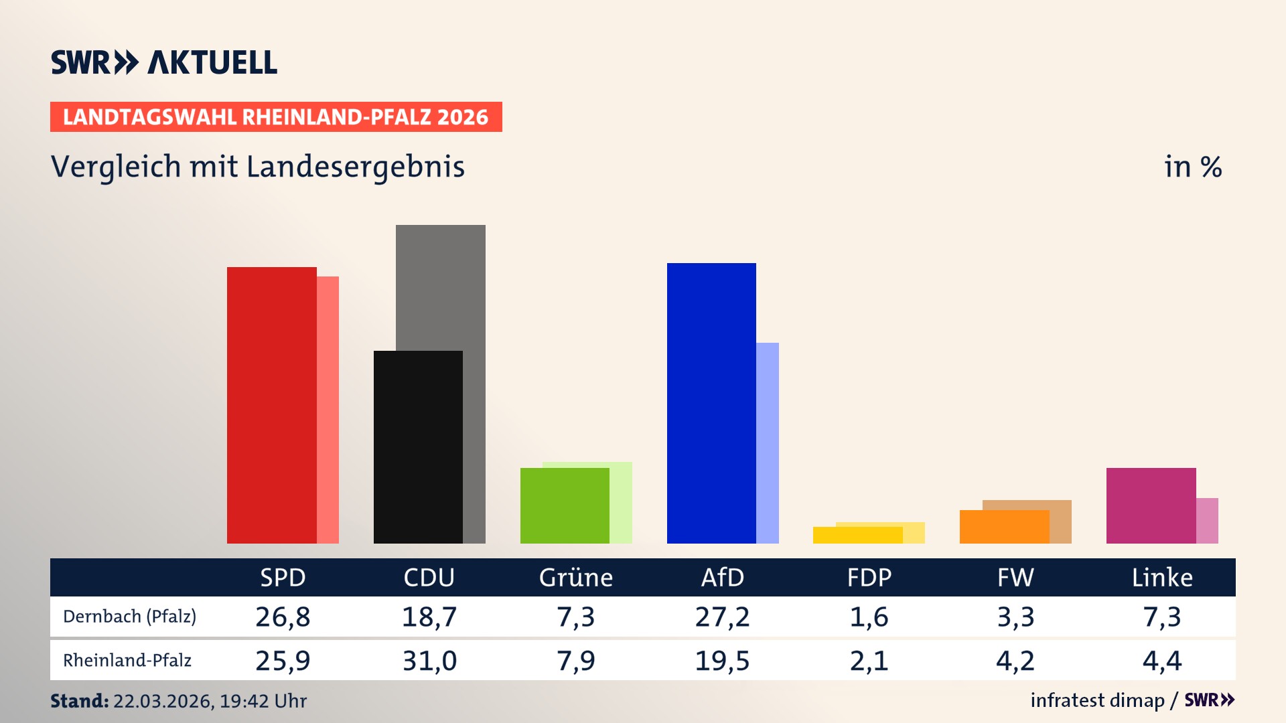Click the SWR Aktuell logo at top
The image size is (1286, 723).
pos(163,62)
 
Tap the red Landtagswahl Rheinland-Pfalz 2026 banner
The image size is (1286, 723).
pos(275,116)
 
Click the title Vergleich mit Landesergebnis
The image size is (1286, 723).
pos(257,167)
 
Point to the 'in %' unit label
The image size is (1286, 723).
pos(1192,167)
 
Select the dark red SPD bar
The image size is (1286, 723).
pos(271,405)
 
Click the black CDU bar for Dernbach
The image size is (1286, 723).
pos(418,447)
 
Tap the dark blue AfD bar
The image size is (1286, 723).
pos(711,403)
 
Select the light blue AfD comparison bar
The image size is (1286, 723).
pos(768,443)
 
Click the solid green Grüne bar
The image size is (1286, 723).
pos(565,505)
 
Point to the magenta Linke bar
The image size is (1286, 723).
pos(1151,505)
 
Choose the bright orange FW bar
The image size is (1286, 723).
pos(1004,527)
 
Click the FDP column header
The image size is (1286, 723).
pos(869,578)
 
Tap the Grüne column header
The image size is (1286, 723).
pos(575,578)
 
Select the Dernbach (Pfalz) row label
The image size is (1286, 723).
pos(129,617)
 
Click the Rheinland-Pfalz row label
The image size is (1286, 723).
pos(127,661)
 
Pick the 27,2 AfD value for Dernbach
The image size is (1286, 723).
pos(722,617)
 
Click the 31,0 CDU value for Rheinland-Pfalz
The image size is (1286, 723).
pos(429,661)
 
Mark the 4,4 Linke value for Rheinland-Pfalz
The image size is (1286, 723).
pos(1161,661)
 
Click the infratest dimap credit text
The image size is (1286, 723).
pos(1097,700)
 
